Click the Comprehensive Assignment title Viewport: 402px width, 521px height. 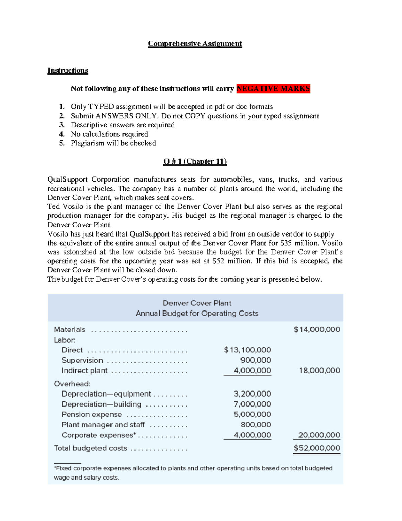[195, 44]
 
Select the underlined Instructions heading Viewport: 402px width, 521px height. [68, 70]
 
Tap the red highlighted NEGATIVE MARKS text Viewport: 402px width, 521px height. [273, 89]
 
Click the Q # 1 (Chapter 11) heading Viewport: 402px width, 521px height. [195, 161]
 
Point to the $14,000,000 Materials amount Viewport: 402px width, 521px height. [317, 329]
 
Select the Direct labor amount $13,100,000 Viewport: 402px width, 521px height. [248, 350]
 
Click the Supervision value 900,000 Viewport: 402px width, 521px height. [256, 360]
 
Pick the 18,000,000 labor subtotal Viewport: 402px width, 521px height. [320, 370]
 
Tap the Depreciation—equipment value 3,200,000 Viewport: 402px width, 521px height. [252, 394]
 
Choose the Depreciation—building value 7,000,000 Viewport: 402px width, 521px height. [252, 404]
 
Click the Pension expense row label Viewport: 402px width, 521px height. [91, 414]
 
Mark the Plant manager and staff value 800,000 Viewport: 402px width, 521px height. [256, 425]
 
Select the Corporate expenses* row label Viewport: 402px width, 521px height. [99, 435]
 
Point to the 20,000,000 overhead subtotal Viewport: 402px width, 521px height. [319, 435]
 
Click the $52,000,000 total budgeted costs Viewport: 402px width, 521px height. [317, 448]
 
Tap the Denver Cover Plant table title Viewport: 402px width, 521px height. [197, 303]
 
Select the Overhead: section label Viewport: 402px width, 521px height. [72, 384]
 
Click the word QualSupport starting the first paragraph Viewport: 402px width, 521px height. [67, 179]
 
